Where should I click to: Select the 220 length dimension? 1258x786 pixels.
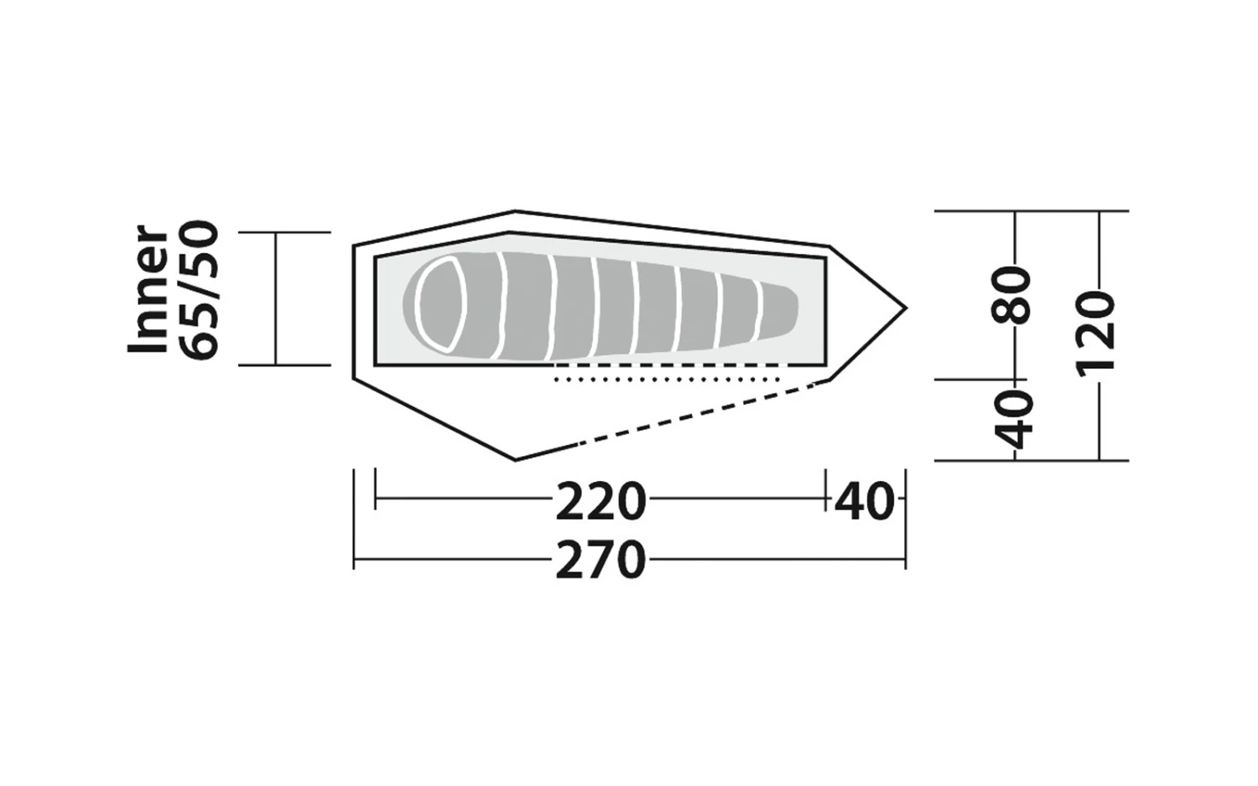[x=600, y=502]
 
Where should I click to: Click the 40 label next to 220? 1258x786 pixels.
[x=864, y=502]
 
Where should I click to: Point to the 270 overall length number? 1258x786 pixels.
[x=600, y=560]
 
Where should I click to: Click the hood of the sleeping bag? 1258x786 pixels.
[x=440, y=305]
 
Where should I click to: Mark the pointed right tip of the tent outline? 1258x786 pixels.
[x=906, y=308]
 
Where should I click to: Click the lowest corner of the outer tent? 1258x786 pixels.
[x=515, y=459]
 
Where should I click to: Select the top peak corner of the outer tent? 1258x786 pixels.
[x=514, y=211]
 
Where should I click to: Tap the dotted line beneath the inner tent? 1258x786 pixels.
[x=667, y=380]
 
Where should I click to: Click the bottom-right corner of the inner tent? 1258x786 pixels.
[x=825, y=365]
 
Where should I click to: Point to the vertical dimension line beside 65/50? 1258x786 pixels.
[x=275, y=298]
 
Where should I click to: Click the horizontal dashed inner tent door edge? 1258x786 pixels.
[x=671, y=366]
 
